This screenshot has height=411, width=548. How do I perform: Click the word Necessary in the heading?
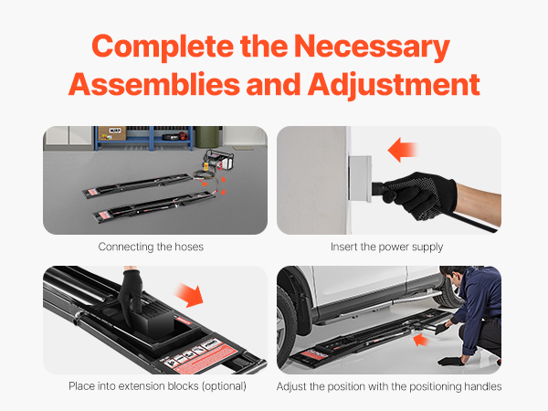(372, 47)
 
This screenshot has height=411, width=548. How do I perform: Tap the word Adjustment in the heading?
(394, 85)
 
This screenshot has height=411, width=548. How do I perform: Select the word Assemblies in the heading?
(154, 85)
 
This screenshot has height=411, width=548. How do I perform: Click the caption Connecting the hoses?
(151, 247)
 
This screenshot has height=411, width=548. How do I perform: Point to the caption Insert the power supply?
(387, 248)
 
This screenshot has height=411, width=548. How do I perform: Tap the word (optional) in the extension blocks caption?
(224, 386)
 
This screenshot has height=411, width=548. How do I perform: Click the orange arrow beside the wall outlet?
(402, 150)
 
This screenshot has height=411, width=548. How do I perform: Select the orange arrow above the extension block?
(189, 295)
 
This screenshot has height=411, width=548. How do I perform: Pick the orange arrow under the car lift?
(421, 340)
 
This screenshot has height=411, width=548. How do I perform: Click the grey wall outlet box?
(360, 179)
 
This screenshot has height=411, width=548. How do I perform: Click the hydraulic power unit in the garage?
(218, 161)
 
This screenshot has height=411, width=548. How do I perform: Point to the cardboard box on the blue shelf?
(112, 133)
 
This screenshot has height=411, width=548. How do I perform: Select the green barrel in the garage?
(207, 137)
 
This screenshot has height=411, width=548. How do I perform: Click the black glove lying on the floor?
(450, 362)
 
